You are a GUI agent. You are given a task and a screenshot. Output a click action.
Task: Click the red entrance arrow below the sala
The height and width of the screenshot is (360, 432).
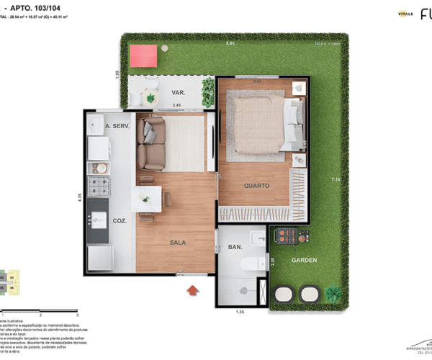(192, 290)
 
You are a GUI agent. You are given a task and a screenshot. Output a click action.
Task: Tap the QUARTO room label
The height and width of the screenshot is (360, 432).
(256, 186)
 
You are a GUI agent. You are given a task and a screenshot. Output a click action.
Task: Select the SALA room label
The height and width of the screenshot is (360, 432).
(177, 243)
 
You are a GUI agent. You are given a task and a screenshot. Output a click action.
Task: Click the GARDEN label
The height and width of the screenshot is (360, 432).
(304, 261)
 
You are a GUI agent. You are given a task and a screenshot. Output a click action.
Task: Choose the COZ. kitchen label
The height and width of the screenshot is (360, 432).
(120, 221)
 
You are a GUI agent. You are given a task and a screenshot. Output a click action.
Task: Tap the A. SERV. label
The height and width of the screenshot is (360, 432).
(117, 127)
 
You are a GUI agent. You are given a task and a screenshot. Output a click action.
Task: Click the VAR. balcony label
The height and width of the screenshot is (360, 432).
(179, 93)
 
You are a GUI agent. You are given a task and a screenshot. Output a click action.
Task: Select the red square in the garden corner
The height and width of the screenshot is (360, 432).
(143, 55)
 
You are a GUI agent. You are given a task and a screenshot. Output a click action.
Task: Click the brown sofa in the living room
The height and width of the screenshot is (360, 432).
(152, 143)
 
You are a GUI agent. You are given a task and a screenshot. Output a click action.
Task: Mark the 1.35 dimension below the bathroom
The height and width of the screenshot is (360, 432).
(240, 311)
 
